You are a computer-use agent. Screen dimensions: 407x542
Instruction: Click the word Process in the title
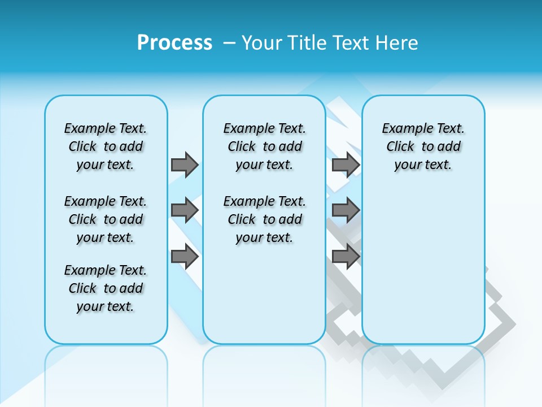point(174,43)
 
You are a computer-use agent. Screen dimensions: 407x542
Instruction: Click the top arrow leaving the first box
point(185,164)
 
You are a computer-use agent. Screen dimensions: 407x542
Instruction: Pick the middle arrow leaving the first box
point(185,210)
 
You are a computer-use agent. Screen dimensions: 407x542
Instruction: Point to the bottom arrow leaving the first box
point(185,257)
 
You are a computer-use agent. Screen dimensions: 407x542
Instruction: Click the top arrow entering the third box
point(346,164)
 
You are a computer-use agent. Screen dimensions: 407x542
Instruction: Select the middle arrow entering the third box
point(346,210)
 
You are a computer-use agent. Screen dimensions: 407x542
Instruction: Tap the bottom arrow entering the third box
point(346,257)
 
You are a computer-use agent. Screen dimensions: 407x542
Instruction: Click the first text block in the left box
point(106,146)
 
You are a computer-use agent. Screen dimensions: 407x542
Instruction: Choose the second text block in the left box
point(106,219)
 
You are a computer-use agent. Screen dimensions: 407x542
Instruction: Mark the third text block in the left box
point(106,288)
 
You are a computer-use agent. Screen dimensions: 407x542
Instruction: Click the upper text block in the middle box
point(265,146)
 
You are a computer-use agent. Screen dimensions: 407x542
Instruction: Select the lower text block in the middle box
point(265,219)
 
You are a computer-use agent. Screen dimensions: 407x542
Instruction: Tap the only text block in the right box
point(423,146)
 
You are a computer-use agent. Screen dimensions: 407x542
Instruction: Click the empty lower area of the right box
point(423,266)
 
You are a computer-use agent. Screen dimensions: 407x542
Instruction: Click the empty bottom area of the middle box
point(264,300)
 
